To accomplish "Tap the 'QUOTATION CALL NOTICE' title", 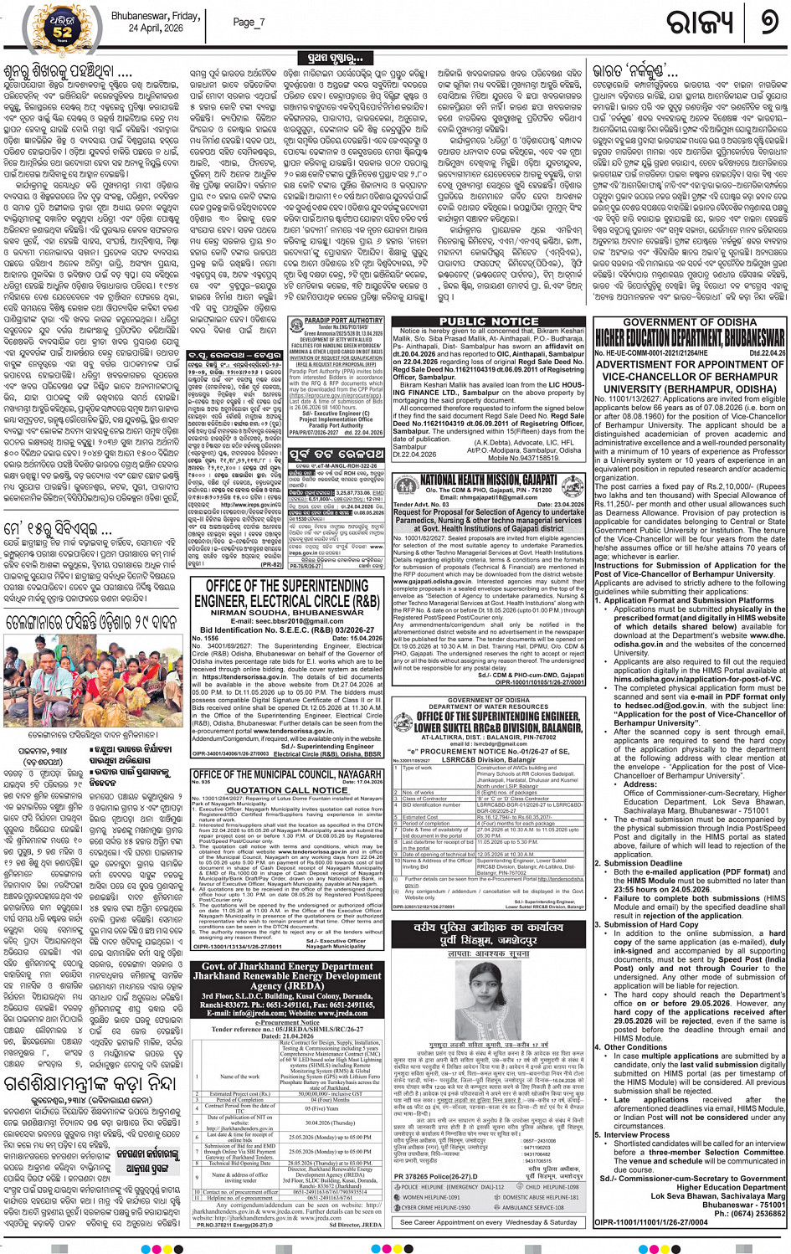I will (x=287, y=789).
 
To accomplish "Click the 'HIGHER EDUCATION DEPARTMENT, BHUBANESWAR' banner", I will (x=690, y=338).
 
